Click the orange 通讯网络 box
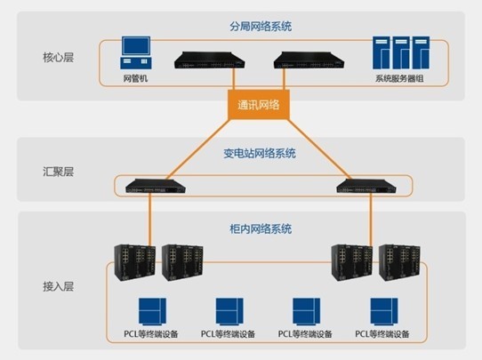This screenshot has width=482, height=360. point(259,105)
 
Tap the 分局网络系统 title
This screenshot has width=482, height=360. point(261,27)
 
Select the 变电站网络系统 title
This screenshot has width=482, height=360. point(260,153)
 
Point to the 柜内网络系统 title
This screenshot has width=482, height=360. point(261,228)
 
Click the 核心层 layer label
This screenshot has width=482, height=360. point(58,58)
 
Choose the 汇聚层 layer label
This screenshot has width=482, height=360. point(58,172)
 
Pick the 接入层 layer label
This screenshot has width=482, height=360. point(58,286)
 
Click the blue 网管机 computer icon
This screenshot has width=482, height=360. point(136,52)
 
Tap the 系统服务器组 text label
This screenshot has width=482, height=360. point(399,78)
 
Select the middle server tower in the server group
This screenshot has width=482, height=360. point(401,52)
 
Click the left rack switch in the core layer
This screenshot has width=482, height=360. point(209,60)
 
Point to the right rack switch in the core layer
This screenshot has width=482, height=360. point(309,60)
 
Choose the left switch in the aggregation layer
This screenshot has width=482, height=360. point(156,186)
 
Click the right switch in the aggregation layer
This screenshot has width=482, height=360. point(366,186)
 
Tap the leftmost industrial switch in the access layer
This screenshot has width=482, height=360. point(134,262)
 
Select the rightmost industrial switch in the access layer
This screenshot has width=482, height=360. point(399,262)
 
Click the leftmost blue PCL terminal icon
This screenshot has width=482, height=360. point(152,311)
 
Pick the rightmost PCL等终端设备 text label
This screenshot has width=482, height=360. point(382,334)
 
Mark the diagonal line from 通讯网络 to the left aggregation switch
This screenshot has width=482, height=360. point(198,149)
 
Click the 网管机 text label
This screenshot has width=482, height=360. point(135,78)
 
